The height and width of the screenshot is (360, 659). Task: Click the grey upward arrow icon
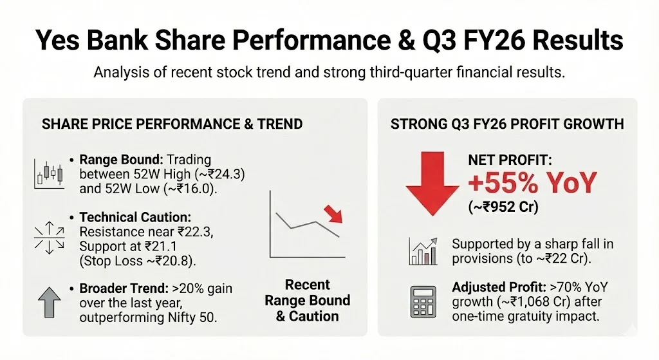[x=50, y=302]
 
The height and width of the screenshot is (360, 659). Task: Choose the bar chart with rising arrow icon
[x=423, y=251]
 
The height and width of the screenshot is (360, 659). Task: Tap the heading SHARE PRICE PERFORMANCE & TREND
[x=172, y=124]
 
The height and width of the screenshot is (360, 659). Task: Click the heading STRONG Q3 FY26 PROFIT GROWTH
[x=507, y=124]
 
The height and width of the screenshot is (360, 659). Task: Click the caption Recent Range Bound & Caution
[x=308, y=300]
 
